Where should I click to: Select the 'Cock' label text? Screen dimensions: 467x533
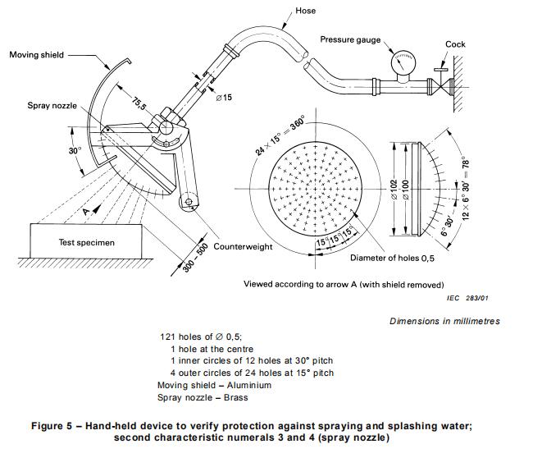coord(456,44)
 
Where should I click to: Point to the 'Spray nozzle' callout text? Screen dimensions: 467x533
coord(52,107)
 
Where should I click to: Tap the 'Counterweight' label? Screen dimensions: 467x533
coord(244,246)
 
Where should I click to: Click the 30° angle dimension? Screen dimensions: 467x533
coord(74,151)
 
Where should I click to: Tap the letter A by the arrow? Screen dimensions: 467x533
coord(85,211)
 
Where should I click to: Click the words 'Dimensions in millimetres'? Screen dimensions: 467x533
coord(444,321)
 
